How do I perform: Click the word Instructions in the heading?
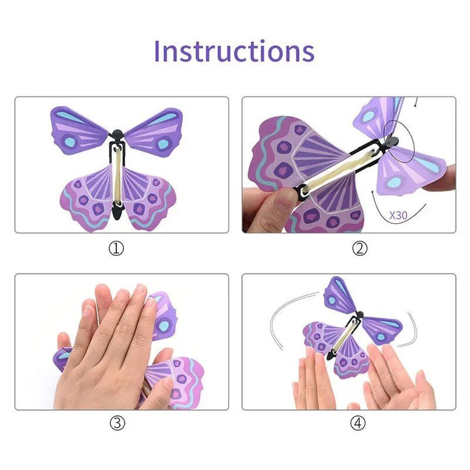pyautogui.click(x=234, y=51)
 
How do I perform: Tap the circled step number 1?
pyautogui.click(x=116, y=248)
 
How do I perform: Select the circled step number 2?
pyautogui.click(x=359, y=248)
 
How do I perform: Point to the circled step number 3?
pyautogui.click(x=116, y=423)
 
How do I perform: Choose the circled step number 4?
pyautogui.click(x=358, y=423)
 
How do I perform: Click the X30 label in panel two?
pyautogui.click(x=399, y=214)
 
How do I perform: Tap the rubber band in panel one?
pyautogui.click(x=118, y=176)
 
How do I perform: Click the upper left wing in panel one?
pyautogui.click(x=78, y=131)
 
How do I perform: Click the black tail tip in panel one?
pyautogui.click(x=118, y=212)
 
